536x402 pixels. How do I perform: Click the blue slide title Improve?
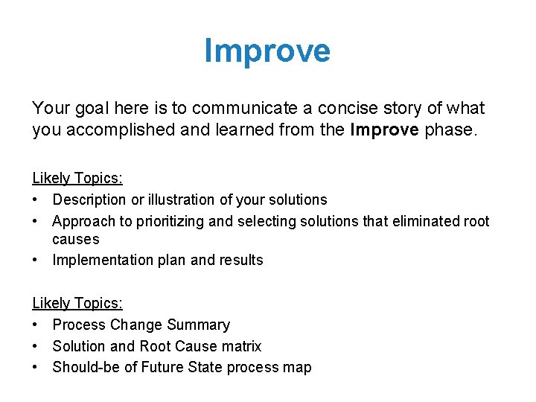tap(267, 51)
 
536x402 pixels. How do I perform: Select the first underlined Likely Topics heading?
tap(77, 178)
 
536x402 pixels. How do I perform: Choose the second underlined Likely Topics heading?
tap(77, 303)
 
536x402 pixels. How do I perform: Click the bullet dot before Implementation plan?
tap(36, 260)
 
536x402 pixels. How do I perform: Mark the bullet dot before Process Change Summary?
tap(36, 325)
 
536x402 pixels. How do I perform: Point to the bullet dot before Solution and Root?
tap(36, 346)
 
